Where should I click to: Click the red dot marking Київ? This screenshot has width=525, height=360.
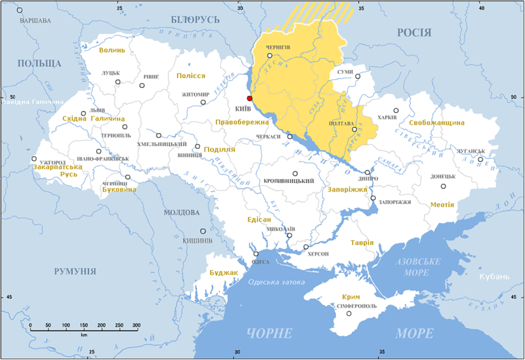pyautogui.click(x=249, y=98)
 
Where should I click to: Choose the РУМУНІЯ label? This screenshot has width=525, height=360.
pyautogui.click(x=73, y=271)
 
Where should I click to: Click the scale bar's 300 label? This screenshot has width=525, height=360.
pyautogui.click(x=135, y=325)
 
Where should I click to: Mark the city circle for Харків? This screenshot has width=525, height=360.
pyautogui.click(x=396, y=111)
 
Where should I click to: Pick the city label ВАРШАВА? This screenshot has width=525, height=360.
pyautogui.click(x=35, y=20)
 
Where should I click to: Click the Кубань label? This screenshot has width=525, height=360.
pyautogui.click(x=493, y=277)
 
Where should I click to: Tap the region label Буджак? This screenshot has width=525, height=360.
pyautogui.click(x=223, y=271)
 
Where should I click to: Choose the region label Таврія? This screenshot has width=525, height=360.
pyautogui.click(x=362, y=242)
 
